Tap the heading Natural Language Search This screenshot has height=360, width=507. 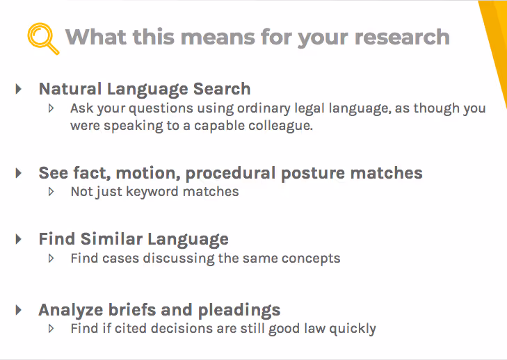coord(145,89)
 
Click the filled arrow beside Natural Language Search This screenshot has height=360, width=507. coord(19,89)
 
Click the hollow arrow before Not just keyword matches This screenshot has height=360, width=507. coord(51,191)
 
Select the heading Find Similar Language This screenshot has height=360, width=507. coord(134,239)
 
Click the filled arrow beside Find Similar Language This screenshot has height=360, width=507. coord(19,239)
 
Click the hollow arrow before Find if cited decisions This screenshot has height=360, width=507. coord(51,328)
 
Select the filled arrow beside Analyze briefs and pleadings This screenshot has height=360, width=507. coord(19,310)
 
